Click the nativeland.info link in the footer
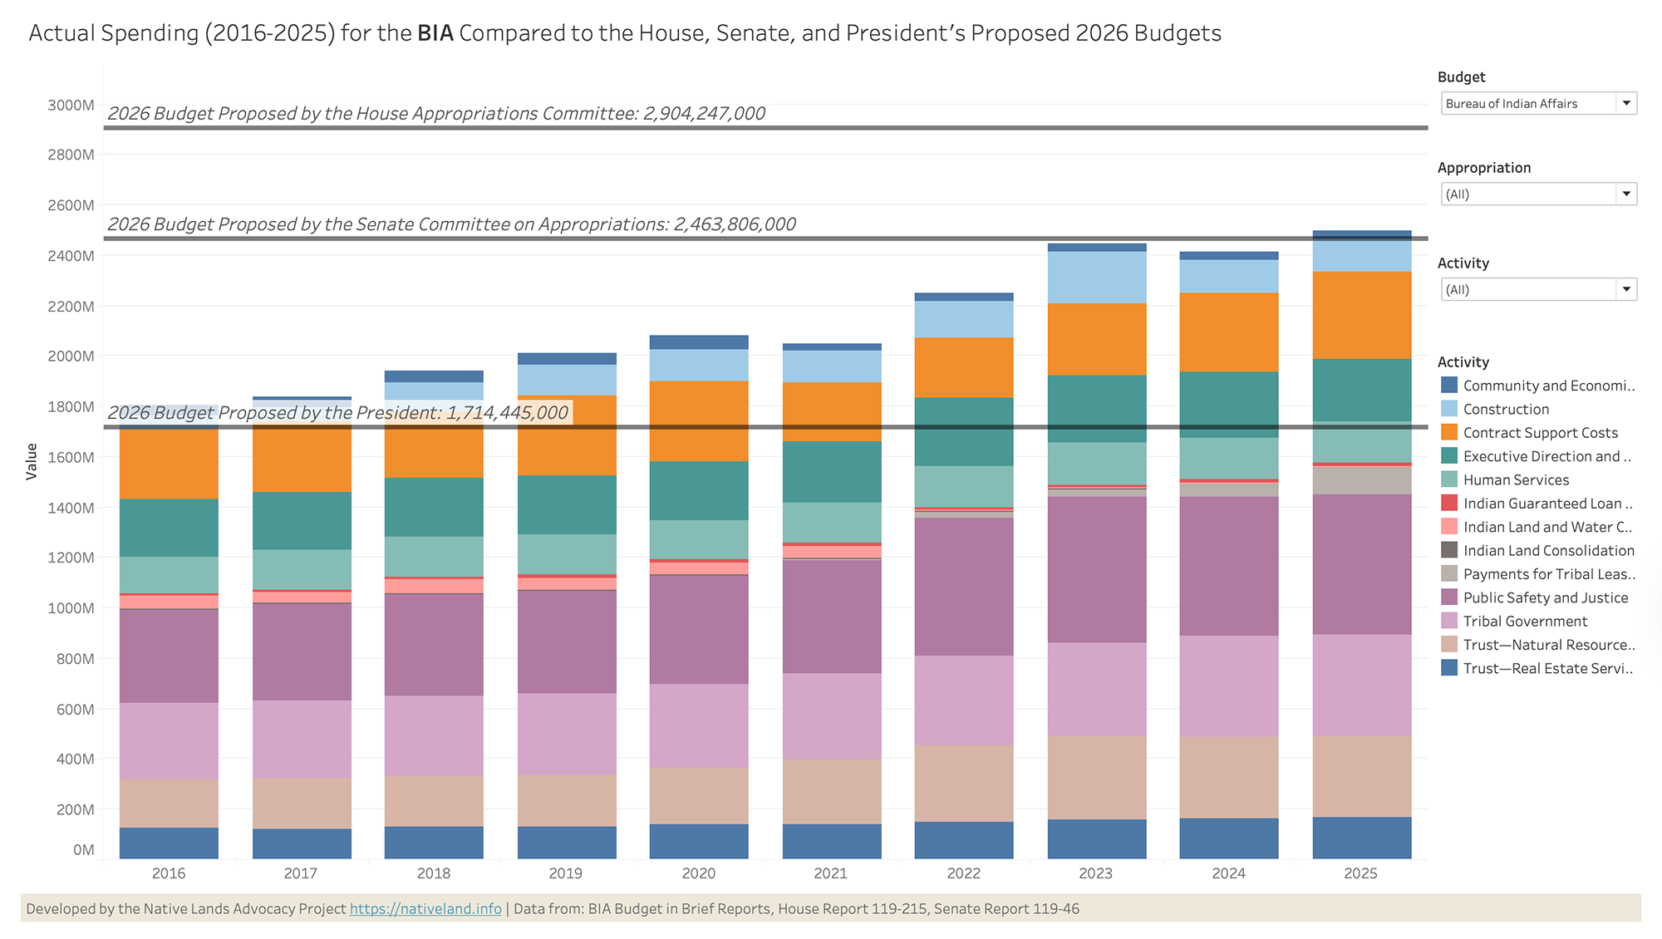pos(425,909)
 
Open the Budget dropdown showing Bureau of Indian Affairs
pos(1537,104)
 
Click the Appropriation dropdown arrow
pos(1626,194)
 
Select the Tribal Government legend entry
pos(1524,622)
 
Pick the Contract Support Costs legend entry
pos(1540,433)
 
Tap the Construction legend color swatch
pos(1449,409)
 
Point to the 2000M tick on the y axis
pos(71,356)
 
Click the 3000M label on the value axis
pos(71,106)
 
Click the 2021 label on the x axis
pos(831,873)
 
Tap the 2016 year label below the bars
pos(169,873)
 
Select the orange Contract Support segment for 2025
pos(1361,315)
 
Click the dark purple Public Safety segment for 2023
pos(1097,569)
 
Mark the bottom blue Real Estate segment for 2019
pos(567,843)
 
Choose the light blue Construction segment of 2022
pos(964,319)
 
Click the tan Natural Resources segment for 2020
pos(699,795)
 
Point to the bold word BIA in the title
pos(435,33)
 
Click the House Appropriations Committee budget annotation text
pos(436,114)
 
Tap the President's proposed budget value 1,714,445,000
pos(507,413)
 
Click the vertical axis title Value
pos(32,461)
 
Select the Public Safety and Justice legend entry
pos(1545,598)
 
